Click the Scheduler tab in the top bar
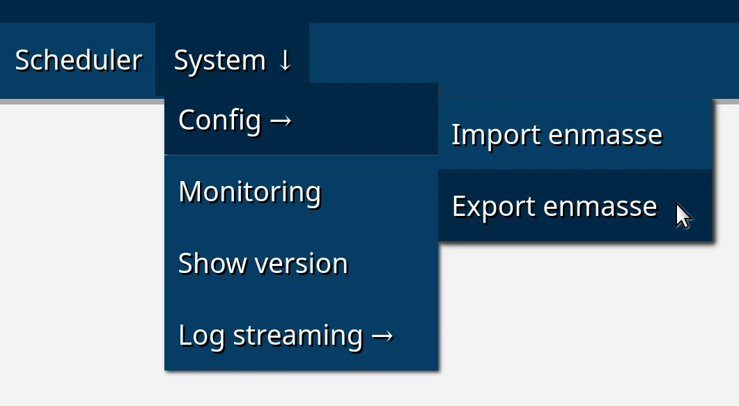[x=78, y=60]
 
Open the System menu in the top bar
[x=233, y=60]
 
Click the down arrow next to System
[x=285, y=61]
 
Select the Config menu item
[x=301, y=119]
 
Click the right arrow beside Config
[x=281, y=121]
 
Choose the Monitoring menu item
[x=301, y=191]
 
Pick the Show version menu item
[x=301, y=263]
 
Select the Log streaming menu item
[x=301, y=335]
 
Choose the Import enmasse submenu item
[x=575, y=134]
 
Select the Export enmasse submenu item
[x=575, y=205]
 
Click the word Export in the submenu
[x=494, y=207]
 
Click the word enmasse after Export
[x=600, y=207]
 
